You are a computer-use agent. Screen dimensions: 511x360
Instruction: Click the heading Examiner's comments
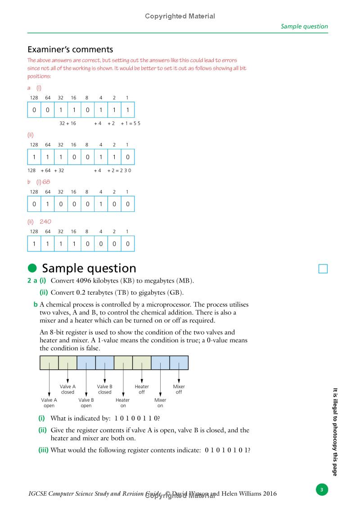[x=70, y=49]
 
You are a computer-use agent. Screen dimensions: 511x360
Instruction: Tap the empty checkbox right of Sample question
[x=323, y=269]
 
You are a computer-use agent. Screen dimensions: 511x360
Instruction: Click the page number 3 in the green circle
[x=321, y=489]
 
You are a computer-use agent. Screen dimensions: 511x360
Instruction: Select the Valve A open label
[x=49, y=403]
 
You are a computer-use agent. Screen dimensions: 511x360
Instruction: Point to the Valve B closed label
[x=105, y=389]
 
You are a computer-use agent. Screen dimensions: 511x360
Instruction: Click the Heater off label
[x=142, y=389]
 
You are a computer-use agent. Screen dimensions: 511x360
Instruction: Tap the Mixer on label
[x=160, y=403]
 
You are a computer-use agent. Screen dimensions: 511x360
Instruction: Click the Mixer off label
[x=179, y=389]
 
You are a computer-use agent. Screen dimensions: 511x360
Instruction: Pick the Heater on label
[x=122, y=403]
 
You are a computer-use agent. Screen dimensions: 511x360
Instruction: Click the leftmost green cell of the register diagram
[x=49, y=363]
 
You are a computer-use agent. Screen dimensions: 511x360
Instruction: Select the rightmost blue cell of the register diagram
[x=179, y=363]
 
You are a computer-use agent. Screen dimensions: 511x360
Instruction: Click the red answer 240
[x=46, y=221]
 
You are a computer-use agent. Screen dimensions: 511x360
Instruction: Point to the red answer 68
[x=46, y=182]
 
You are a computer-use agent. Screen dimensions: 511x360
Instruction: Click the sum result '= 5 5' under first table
[x=134, y=123]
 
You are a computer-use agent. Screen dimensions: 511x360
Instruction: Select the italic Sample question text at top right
[x=304, y=26]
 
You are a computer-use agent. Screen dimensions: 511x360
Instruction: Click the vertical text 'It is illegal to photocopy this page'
[x=335, y=432]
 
